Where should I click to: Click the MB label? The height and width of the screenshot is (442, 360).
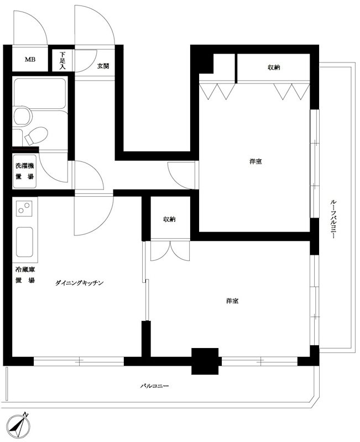pos(29,60)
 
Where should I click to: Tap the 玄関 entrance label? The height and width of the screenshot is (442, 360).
pos(103,66)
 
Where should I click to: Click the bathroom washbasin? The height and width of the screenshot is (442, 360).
pos(22,117)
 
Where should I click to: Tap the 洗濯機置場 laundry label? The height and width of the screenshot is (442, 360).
pos(24,171)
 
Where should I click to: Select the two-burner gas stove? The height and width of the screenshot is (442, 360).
pos(24,209)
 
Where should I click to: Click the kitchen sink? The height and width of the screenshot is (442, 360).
pos(24,242)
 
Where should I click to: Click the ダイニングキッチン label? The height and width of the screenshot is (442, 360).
pos(80,283)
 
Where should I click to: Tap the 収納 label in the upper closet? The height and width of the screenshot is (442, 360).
pos(274,67)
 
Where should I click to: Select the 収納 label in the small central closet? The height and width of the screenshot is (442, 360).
pos(169,219)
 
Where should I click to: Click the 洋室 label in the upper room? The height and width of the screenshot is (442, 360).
pos(255,161)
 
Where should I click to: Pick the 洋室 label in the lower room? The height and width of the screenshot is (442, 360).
pos(232,301)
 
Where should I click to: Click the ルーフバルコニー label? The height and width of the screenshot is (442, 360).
pos(333,218)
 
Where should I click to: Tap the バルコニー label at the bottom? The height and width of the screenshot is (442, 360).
pos(154,386)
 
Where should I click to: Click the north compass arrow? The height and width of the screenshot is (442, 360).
pos(22,425)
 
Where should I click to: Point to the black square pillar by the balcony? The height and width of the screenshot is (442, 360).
pos(205,361)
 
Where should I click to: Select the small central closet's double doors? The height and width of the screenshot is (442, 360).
pos(169,251)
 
